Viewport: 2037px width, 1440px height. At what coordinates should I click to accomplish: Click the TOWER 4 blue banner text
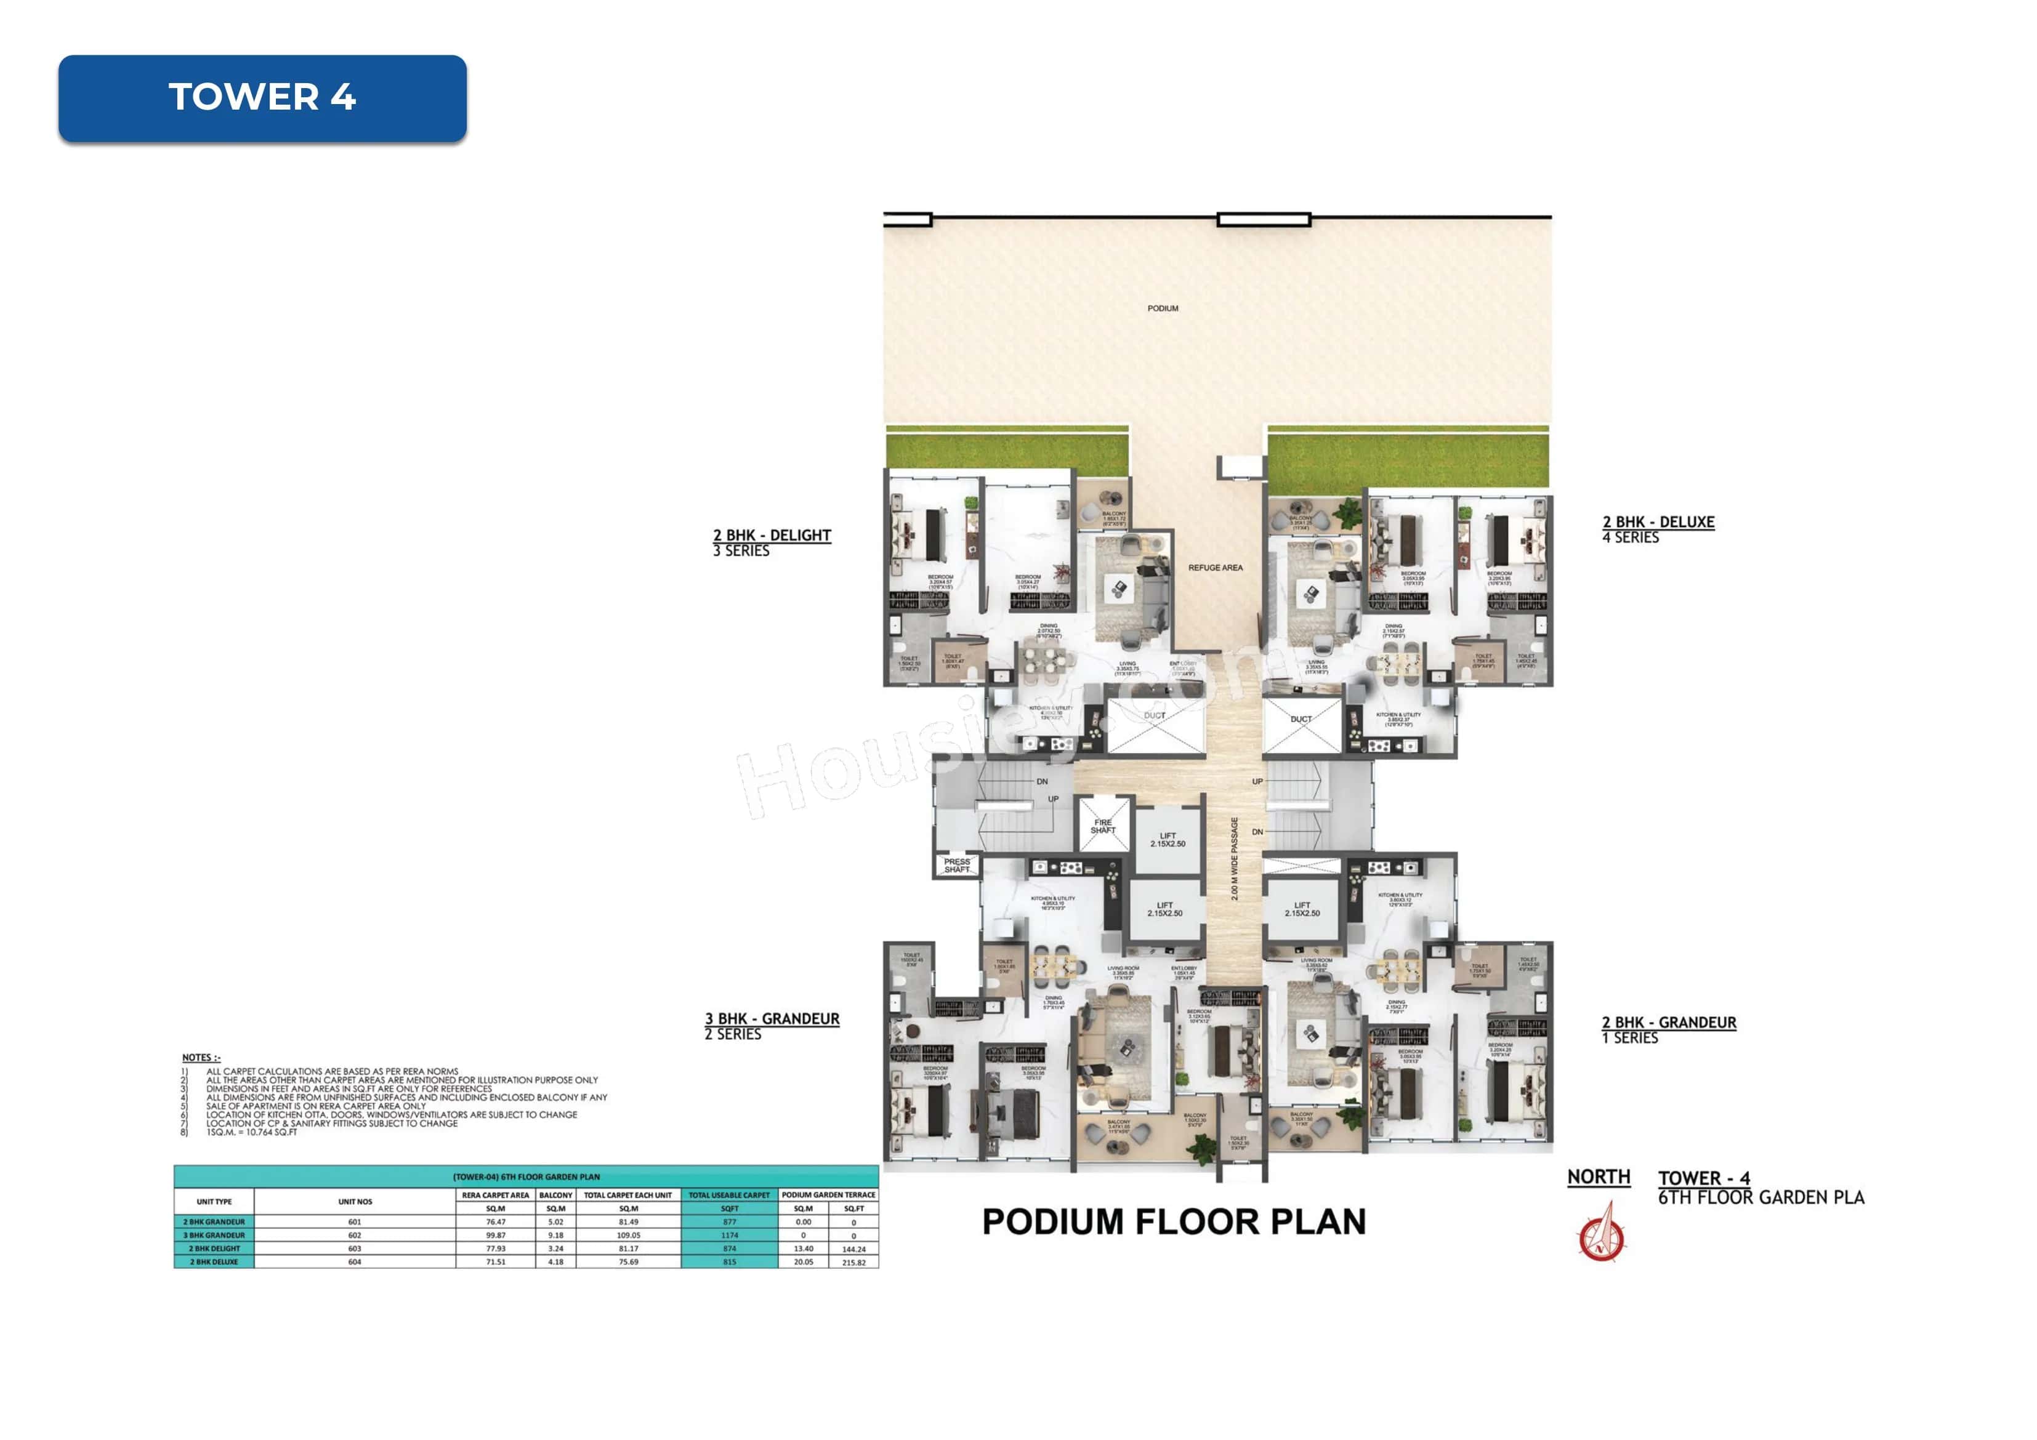pos(262,97)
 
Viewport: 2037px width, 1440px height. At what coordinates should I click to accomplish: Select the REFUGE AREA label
pos(1214,568)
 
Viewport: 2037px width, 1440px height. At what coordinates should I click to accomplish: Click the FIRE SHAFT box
pos(1103,826)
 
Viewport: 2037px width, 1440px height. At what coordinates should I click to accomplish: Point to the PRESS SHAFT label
pos(956,865)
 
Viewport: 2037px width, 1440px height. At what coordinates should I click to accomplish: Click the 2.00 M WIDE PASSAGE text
pos(1234,858)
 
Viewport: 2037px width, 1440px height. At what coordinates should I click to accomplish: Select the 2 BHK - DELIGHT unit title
pos(772,535)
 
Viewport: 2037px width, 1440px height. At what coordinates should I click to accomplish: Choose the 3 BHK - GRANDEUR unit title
pos(772,1018)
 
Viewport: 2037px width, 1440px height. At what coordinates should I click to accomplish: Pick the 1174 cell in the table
pos(729,1235)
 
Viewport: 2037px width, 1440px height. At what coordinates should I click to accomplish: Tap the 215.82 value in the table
pos(853,1261)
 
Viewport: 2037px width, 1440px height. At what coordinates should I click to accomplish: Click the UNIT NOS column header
pos(355,1201)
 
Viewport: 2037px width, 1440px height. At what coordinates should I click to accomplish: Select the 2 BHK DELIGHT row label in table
pos(214,1249)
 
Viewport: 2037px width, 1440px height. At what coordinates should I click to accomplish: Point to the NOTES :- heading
pos(201,1058)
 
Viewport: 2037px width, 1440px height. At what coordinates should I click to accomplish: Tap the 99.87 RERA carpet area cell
pos(495,1235)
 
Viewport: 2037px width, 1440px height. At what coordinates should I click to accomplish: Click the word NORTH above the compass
pos(1598,1177)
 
